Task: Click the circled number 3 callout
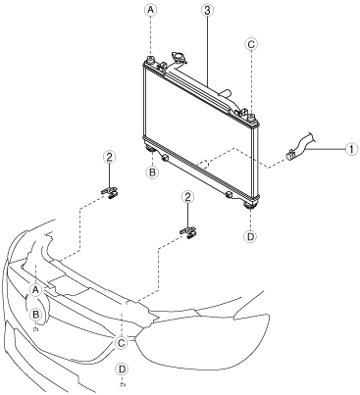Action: (207, 10)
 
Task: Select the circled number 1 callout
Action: (350, 149)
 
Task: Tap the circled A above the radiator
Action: (150, 10)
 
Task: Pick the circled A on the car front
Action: (35, 289)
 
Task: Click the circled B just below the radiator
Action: (152, 172)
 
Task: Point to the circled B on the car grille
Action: (36, 315)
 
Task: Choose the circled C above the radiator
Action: (251, 44)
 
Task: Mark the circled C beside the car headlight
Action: (122, 343)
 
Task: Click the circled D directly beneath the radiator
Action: (250, 236)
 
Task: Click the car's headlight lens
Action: (203, 340)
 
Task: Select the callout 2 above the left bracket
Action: (109, 157)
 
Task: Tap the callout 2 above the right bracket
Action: (187, 197)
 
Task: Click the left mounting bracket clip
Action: (110, 192)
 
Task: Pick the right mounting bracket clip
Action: (188, 232)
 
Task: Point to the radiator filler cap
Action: (179, 57)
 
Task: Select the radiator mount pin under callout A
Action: (151, 60)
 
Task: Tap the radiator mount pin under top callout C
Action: (251, 117)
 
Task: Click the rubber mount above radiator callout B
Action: (150, 150)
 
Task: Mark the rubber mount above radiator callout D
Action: (251, 205)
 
